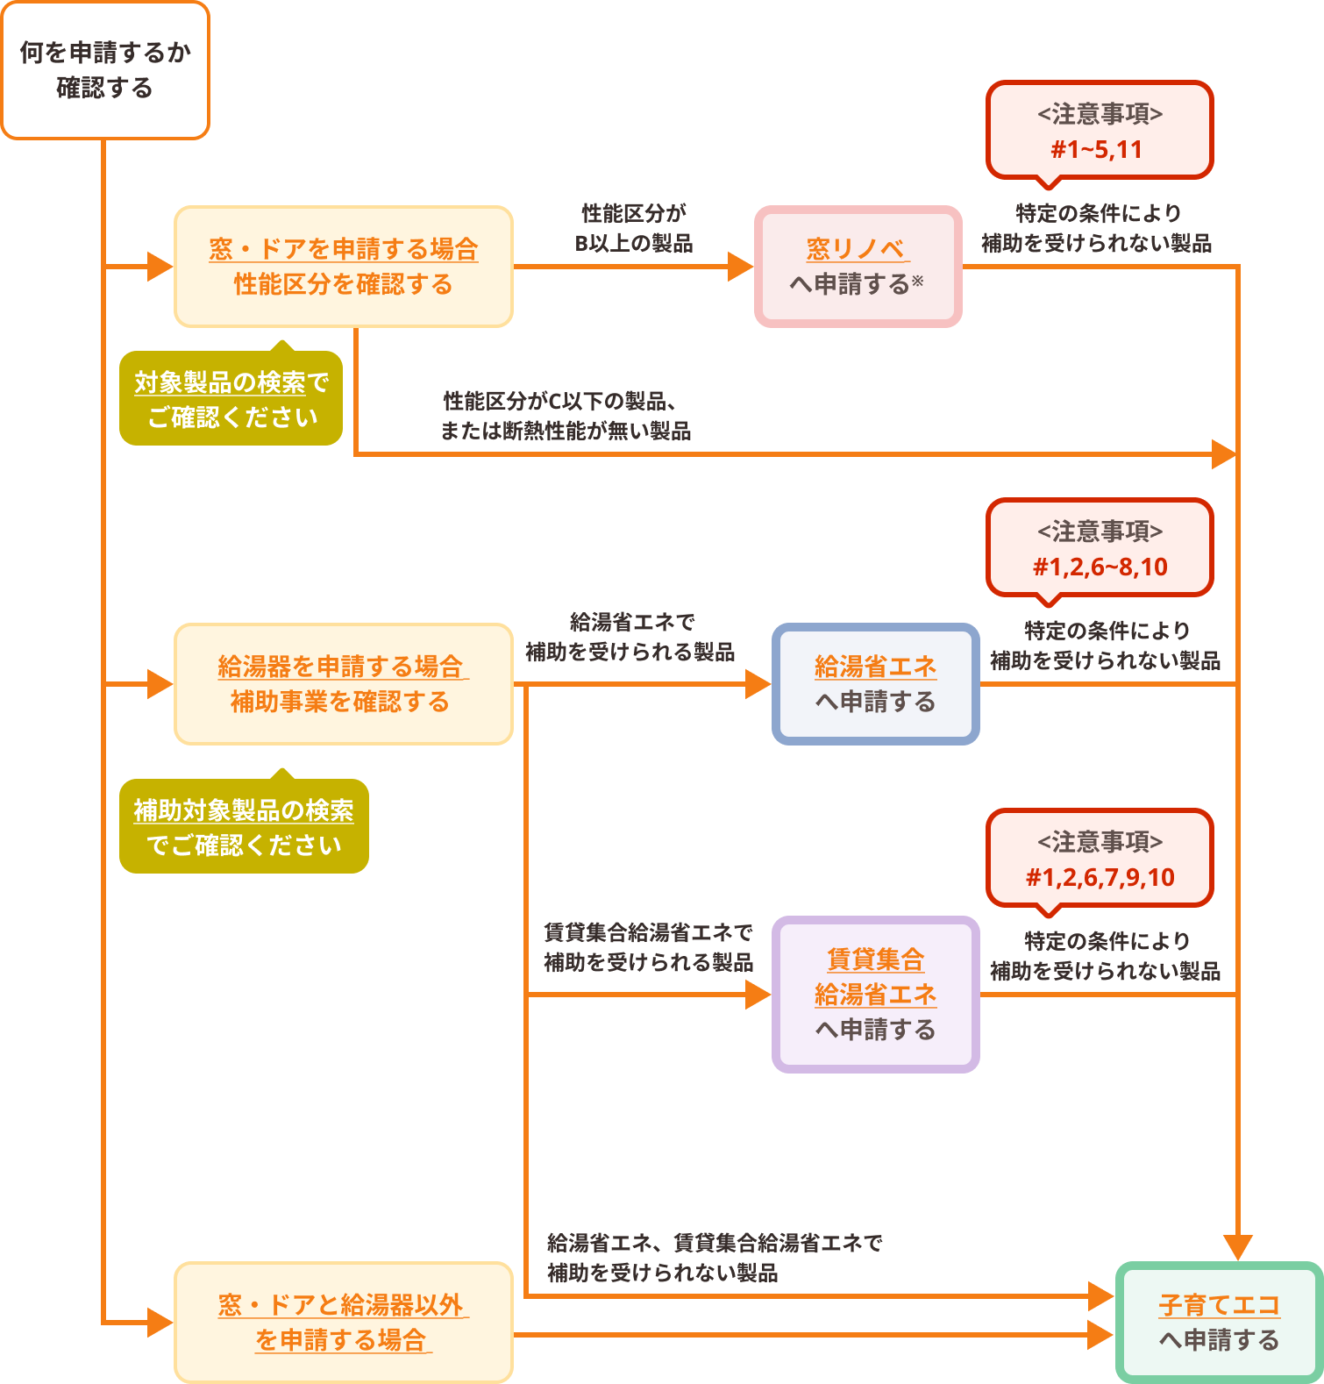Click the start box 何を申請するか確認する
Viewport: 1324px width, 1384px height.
[105, 70]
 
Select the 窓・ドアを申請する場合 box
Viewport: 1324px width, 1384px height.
[344, 267]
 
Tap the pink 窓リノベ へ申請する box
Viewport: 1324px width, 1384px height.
[858, 267]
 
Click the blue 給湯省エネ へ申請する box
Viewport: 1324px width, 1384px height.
[875, 684]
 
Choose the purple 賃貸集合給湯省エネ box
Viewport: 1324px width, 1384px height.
[875, 995]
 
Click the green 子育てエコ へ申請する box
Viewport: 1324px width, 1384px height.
[1219, 1323]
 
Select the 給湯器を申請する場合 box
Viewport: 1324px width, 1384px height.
[344, 684]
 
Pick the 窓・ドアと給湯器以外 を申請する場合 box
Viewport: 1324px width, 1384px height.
[344, 1323]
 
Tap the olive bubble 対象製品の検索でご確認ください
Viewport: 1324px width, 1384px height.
[231, 399]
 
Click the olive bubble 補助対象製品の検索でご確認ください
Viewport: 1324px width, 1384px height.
[244, 827]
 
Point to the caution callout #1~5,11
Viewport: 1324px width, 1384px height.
[1100, 131]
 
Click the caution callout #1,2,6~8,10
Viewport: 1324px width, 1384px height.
[1100, 548]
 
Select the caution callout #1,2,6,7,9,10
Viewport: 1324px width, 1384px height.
[1100, 859]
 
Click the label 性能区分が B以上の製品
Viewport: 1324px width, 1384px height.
[633, 228]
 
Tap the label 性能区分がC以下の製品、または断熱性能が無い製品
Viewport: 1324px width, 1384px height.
[565, 416]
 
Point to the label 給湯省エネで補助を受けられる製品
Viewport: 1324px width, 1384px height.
[630, 637]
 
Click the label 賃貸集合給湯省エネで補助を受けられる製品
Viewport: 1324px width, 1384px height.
[648, 947]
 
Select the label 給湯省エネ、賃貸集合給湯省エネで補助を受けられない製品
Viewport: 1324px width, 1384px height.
[714, 1258]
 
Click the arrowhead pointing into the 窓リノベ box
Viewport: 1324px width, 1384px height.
[741, 267]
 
